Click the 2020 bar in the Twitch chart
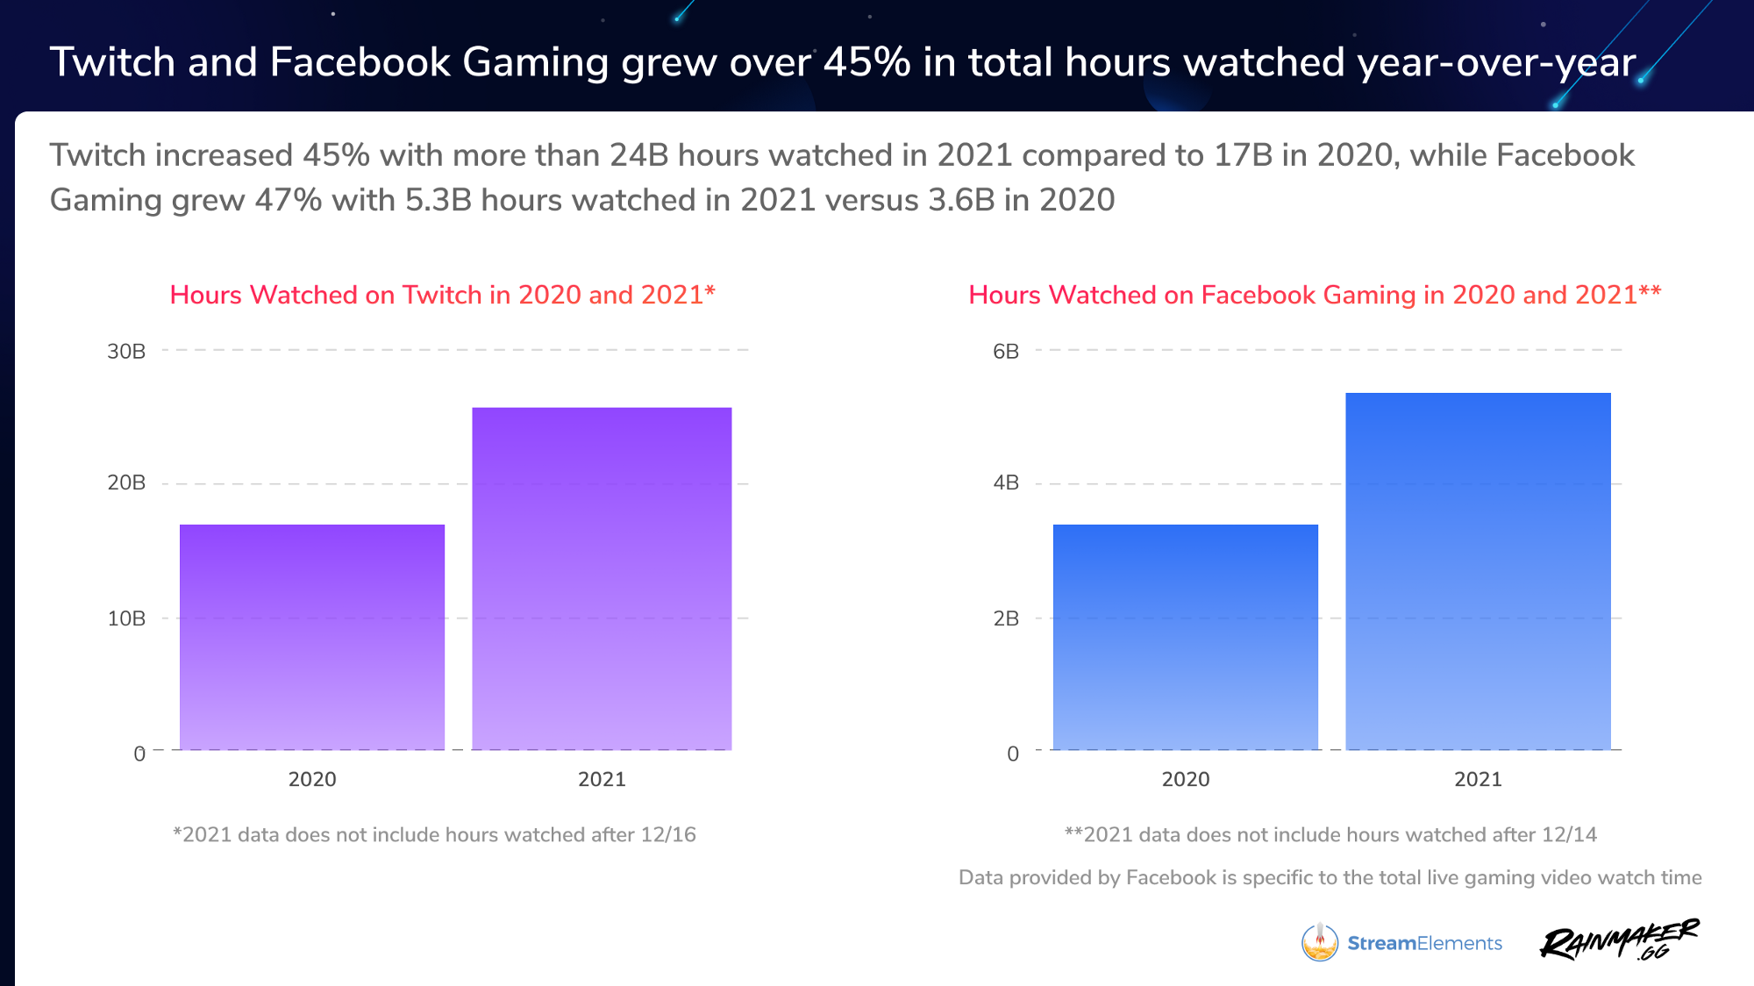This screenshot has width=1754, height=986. (x=312, y=637)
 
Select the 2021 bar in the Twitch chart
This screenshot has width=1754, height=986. (x=602, y=579)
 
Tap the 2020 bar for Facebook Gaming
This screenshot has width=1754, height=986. (x=1185, y=637)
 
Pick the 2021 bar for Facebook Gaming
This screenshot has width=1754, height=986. (x=1478, y=571)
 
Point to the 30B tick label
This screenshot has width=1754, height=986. (x=126, y=352)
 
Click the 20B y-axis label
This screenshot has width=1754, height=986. (x=126, y=482)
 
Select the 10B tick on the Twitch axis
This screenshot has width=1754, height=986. (x=126, y=618)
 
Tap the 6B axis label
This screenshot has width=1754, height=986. (x=1006, y=352)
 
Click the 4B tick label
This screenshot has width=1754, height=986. (x=1006, y=482)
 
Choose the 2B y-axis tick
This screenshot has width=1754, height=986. (x=1006, y=618)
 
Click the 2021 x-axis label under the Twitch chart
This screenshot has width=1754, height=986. (x=602, y=779)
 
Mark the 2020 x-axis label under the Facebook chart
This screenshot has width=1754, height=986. (x=1185, y=779)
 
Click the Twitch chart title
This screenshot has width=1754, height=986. (x=442, y=295)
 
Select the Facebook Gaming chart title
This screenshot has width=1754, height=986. (x=1314, y=295)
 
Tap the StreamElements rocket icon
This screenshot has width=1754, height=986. (x=1319, y=942)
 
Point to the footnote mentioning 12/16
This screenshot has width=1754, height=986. (x=434, y=834)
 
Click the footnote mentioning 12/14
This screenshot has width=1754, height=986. (x=1330, y=834)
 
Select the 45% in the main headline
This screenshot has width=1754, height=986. (x=866, y=62)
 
